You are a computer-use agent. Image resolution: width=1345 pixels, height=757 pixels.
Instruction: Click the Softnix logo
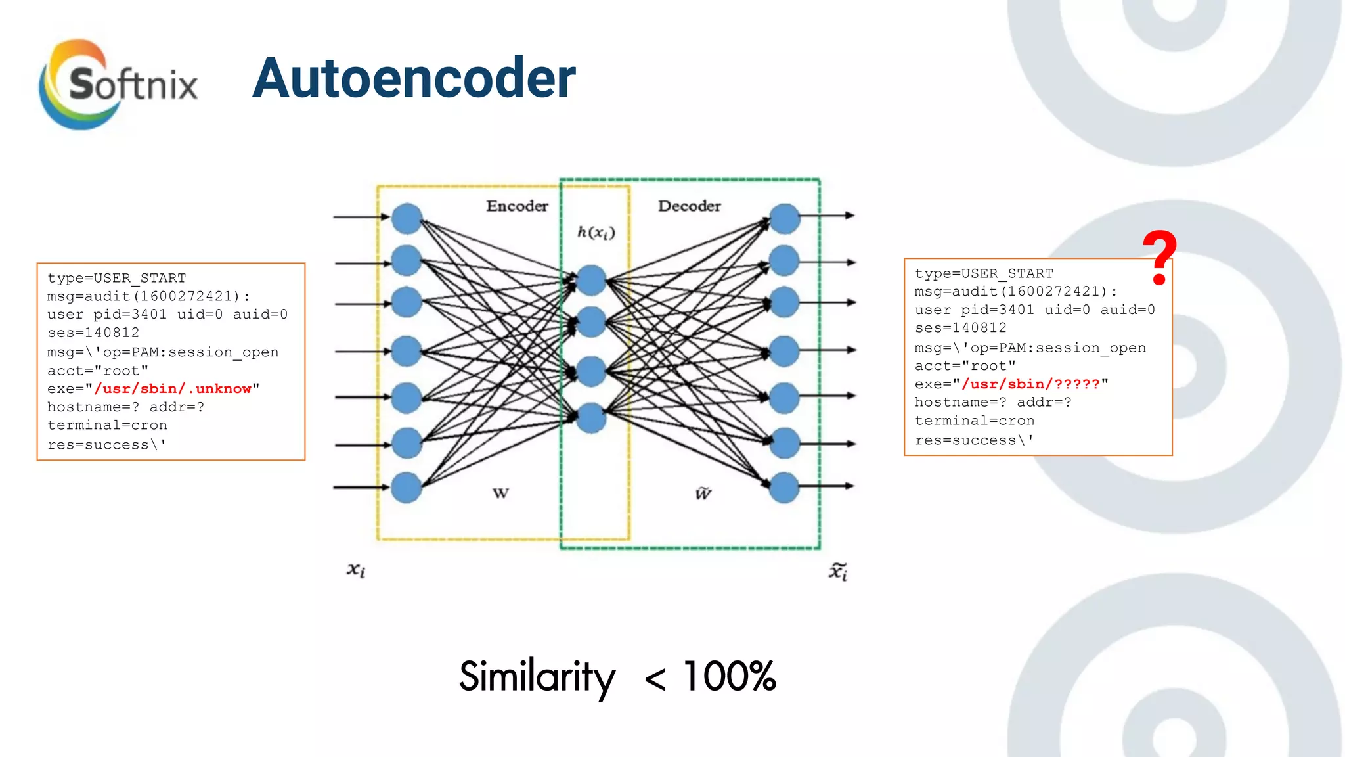(118, 84)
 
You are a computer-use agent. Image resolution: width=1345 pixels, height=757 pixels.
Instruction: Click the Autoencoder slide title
(414, 79)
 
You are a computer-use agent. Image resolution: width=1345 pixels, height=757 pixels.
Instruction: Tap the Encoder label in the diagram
(517, 206)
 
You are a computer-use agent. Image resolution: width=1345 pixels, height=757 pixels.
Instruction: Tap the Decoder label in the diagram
(689, 206)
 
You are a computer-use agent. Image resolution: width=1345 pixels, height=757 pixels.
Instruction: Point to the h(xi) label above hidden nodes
(596, 232)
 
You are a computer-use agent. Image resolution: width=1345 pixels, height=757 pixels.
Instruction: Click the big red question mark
(1159, 258)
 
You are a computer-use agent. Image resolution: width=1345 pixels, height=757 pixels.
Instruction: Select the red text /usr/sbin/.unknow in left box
(173, 389)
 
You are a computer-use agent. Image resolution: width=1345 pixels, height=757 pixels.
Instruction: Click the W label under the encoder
(500, 493)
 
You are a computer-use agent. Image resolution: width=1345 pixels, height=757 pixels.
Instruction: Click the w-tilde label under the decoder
(703, 493)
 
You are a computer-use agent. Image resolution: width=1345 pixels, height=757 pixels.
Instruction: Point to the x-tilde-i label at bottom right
(838, 571)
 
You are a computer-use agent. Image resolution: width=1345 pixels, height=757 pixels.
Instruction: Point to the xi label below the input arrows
(355, 570)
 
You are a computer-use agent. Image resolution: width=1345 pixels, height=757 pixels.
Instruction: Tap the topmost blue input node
(407, 218)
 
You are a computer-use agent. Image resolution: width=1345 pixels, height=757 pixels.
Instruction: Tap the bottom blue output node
(784, 488)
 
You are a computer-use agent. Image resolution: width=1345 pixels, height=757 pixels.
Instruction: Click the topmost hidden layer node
(591, 281)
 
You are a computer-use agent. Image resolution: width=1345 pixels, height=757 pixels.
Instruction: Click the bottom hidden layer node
(591, 418)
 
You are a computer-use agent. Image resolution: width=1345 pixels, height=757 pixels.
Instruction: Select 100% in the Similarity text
(729, 676)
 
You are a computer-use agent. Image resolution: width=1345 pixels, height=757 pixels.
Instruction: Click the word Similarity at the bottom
(537, 676)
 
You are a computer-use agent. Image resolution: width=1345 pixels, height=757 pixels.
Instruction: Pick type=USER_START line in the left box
(116, 278)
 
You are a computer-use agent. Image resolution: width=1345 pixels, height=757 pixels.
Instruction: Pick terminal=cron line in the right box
(975, 421)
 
